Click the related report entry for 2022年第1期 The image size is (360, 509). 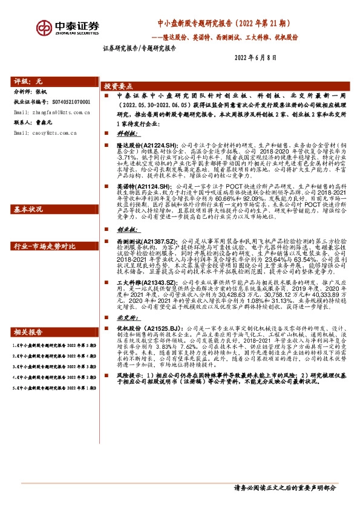[x=51, y=404]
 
